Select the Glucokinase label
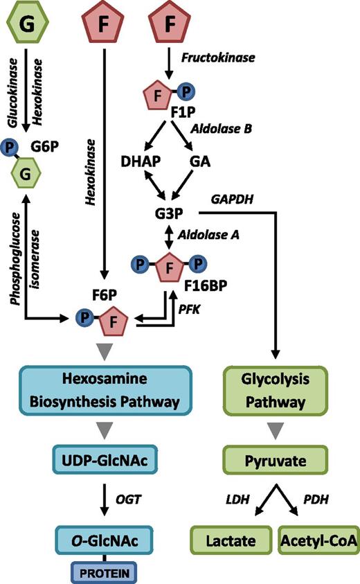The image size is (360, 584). coord(11,92)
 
